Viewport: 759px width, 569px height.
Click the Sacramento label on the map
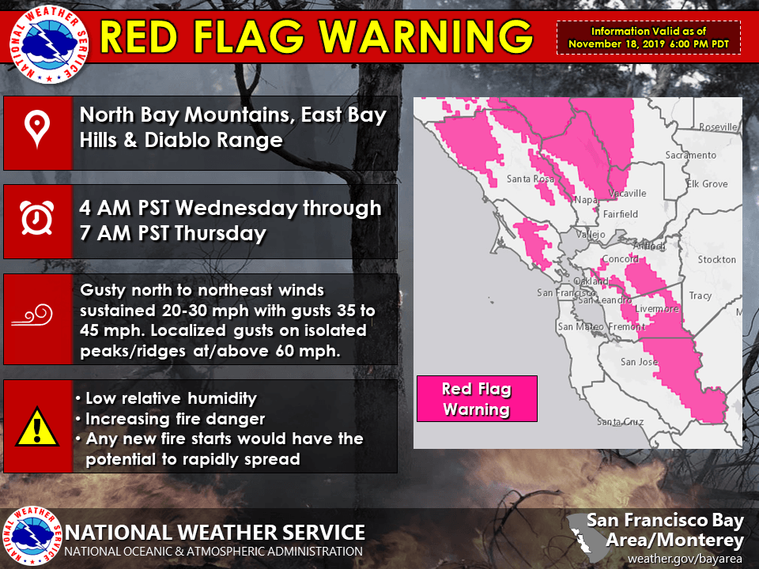pyautogui.click(x=690, y=155)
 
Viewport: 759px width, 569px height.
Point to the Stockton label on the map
pyautogui.click(x=716, y=259)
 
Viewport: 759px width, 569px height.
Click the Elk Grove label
pyautogui.click(x=707, y=184)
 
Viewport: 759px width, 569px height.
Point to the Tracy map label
pyautogui.click(x=700, y=296)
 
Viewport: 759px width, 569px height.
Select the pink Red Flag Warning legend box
pyautogui.click(x=477, y=399)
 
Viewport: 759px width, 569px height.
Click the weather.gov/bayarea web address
pyautogui.click(x=686, y=559)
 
